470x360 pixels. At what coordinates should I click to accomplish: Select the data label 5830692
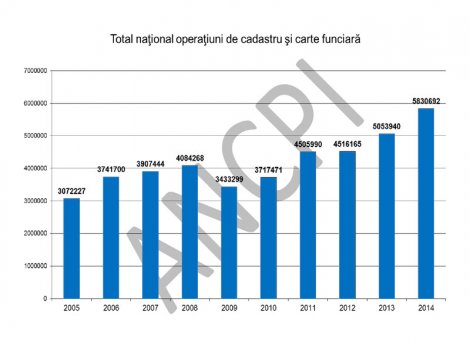tap(426, 101)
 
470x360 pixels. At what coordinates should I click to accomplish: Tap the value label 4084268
tap(190, 157)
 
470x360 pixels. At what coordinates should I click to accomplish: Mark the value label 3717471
tap(269, 169)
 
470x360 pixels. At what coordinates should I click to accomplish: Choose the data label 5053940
tap(387, 127)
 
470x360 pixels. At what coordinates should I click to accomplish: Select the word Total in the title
tap(126, 39)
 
